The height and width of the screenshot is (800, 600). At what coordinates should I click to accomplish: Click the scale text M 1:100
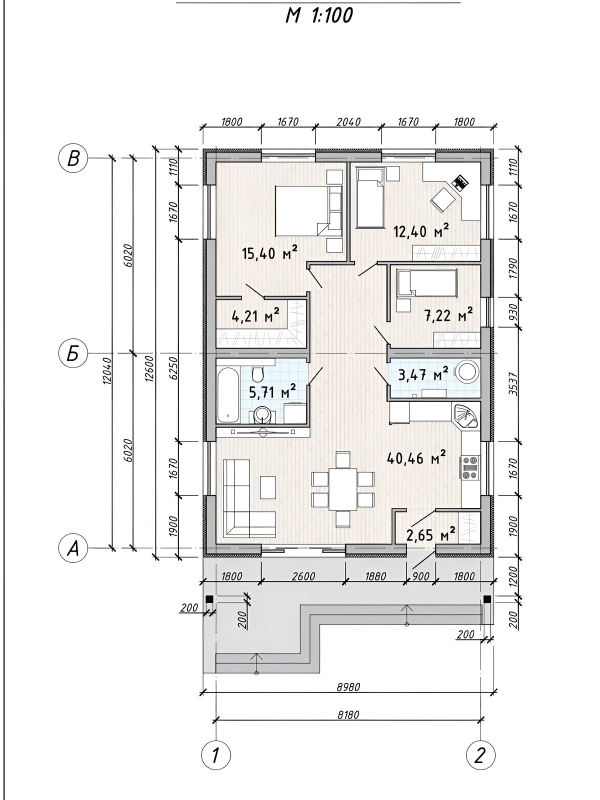tap(319, 16)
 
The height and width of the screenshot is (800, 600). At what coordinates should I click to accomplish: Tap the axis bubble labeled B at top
tap(73, 158)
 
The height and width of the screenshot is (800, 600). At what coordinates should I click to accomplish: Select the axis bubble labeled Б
tap(73, 353)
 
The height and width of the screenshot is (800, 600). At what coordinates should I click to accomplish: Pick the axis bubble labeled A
tap(73, 548)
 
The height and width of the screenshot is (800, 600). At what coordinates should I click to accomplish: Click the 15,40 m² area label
tap(270, 252)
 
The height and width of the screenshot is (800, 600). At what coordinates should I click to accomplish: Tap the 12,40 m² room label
tap(421, 231)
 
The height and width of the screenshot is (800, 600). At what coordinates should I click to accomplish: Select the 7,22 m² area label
tap(449, 314)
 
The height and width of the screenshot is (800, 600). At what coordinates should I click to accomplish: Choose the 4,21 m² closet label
tap(255, 315)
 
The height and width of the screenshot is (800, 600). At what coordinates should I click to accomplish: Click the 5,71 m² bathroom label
tap(272, 392)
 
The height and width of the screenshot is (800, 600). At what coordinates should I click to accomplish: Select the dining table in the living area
tap(343, 489)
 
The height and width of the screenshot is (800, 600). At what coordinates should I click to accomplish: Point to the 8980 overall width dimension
tap(348, 687)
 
